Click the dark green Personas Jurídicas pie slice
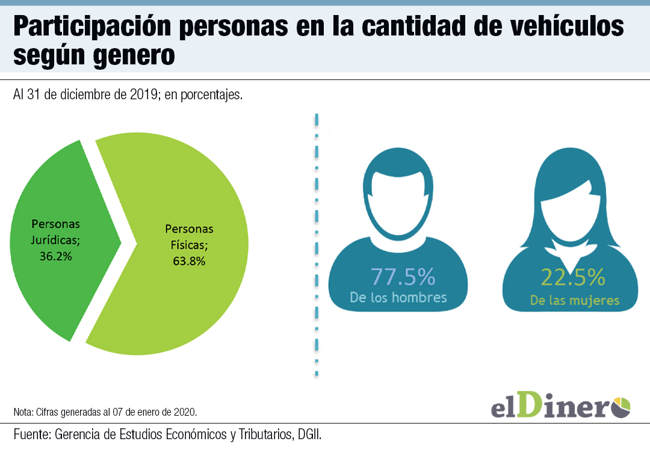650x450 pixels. [x=54, y=283]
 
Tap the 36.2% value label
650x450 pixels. [x=55, y=256]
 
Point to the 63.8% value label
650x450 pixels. [x=189, y=261]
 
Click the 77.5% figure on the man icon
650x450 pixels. [x=403, y=277]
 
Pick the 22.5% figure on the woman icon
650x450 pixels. [x=572, y=277]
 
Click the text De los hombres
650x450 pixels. [x=398, y=297]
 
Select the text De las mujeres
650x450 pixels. [x=575, y=300]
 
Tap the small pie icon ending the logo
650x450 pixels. [x=621, y=406]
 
